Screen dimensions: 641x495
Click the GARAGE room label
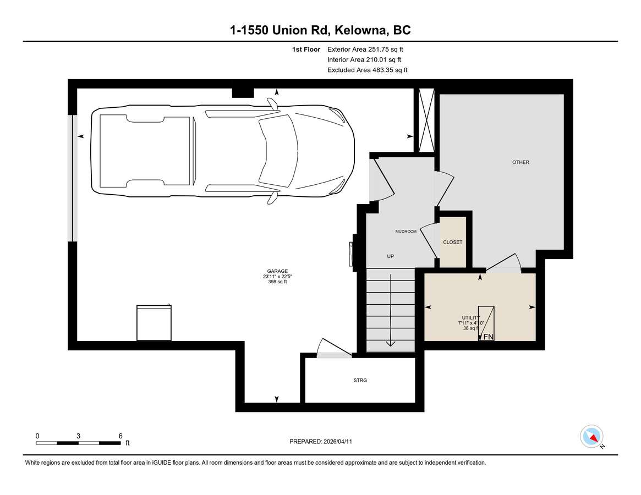point(277,271)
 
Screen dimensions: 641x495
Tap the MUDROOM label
point(406,232)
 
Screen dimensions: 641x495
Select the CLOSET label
point(452,242)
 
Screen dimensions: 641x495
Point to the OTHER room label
point(521,162)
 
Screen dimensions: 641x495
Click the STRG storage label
point(360,380)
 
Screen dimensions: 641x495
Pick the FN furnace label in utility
point(489,337)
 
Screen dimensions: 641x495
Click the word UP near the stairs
point(391,256)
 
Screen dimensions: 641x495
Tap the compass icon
point(591,437)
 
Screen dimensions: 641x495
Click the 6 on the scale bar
point(120,436)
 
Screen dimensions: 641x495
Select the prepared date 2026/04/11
point(338,442)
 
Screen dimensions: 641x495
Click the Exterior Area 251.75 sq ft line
point(365,50)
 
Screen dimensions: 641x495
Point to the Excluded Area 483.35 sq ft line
point(367,70)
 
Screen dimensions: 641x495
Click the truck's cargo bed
point(145,151)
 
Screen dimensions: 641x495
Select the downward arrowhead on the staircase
point(391,343)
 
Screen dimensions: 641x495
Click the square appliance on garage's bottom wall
point(154,322)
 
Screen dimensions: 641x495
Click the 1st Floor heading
point(306,50)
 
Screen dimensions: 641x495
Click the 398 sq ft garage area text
point(277,282)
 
